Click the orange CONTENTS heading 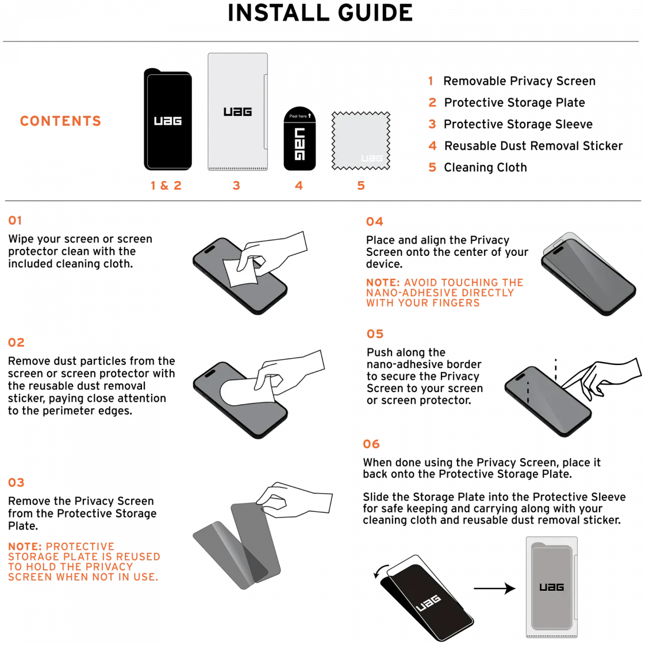point(60,121)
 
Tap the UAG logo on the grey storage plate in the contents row point(237,112)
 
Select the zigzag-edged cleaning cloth point(360,141)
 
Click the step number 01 point(16,221)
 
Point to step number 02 point(17,343)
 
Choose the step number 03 point(17,482)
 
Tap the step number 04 point(374,222)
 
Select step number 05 point(375,334)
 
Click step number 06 point(372,444)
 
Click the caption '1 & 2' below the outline point(166,186)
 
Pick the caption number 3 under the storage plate point(236,186)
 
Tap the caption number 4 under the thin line point(299,186)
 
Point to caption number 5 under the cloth point(361,186)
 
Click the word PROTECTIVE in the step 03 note point(80,547)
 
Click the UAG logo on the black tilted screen point(428,603)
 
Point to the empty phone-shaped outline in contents point(170,121)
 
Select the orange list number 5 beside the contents point(432,167)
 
